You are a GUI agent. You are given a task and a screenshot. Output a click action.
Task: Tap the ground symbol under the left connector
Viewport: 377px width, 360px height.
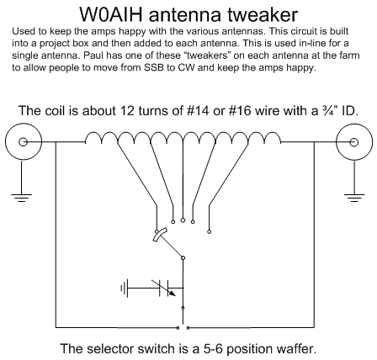(22, 198)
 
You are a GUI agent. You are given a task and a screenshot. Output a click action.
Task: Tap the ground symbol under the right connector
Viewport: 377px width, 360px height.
(354, 198)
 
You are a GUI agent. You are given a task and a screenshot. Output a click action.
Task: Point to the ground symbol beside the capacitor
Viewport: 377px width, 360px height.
(124, 288)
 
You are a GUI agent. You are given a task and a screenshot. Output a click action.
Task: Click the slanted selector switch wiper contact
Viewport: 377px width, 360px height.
(160, 235)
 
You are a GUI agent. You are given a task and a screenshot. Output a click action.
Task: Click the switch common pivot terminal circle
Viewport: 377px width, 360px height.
(183, 257)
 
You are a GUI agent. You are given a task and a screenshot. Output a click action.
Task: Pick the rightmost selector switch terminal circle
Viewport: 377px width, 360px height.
(209, 231)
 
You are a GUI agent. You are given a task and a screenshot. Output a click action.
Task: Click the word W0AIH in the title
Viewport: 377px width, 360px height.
(111, 14)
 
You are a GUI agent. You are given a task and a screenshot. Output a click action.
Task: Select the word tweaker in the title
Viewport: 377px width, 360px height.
(263, 14)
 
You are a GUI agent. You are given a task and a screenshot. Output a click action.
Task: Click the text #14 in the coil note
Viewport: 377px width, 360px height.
(199, 111)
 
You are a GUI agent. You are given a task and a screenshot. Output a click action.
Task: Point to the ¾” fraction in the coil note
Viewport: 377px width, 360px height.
(329, 110)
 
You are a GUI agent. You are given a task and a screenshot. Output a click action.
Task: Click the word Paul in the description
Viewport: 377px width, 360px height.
(93, 56)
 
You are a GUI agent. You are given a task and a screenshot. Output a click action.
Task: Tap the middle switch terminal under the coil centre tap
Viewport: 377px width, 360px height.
(183, 220)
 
